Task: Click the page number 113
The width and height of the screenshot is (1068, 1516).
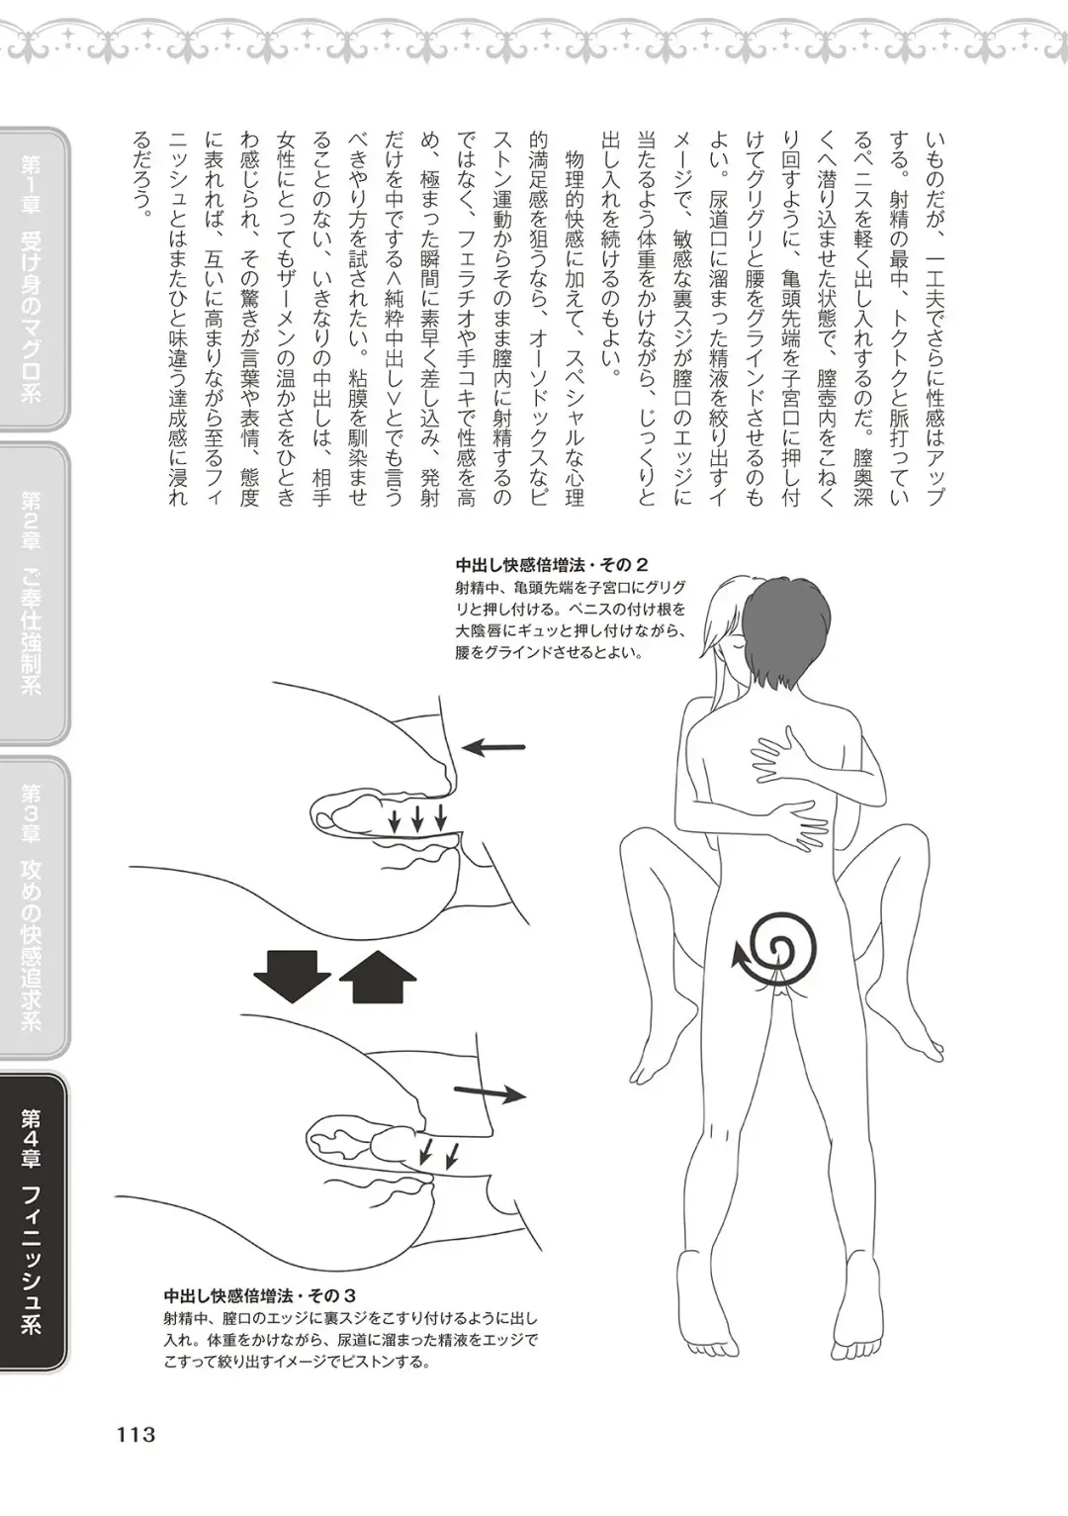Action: coord(135,1433)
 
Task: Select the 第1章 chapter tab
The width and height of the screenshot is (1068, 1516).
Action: coord(33,277)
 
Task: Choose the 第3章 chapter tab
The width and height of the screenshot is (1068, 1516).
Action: coord(33,905)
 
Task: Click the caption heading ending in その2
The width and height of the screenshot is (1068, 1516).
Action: coord(551,565)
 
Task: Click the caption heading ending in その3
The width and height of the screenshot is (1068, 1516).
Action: coord(259,1295)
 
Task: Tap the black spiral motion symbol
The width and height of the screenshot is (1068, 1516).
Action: coord(779,943)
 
